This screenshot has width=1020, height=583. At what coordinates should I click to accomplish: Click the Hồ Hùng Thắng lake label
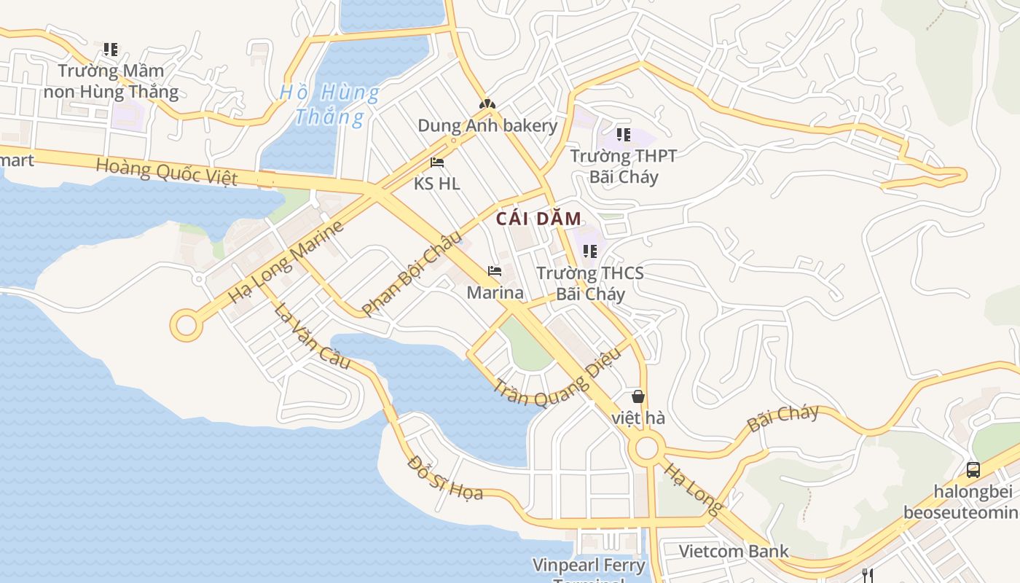pyautogui.click(x=330, y=104)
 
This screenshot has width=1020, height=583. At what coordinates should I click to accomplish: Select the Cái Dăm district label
pyautogui.click(x=539, y=219)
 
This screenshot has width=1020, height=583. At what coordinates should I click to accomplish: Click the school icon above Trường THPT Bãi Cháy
pyautogui.click(x=623, y=135)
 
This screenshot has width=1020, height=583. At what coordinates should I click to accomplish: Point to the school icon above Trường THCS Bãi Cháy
pyautogui.click(x=590, y=251)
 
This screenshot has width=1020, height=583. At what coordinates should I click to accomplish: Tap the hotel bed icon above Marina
pyautogui.click(x=495, y=272)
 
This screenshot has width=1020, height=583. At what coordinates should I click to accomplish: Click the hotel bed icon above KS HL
pyautogui.click(x=437, y=162)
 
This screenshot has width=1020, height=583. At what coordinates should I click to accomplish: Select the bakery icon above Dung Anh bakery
pyautogui.click(x=487, y=104)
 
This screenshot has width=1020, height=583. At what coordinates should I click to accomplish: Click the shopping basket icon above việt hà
pyautogui.click(x=638, y=396)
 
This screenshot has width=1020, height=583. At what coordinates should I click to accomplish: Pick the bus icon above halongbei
pyautogui.click(x=973, y=469)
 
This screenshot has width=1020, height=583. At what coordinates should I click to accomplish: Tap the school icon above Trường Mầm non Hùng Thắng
pyautogui.click(x=111, y=50)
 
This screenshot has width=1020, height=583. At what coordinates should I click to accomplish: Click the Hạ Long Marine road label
pyautogui.click(x=285, y=263)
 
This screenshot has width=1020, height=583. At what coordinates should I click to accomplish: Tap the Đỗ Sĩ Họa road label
pyautogui.click(x=445, y=478)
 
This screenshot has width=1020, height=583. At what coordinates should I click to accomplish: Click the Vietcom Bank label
pyautogui.click(x=734, y=551)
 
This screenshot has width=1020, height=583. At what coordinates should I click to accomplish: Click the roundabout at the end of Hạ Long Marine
pyautogui.click(x=187, y=325)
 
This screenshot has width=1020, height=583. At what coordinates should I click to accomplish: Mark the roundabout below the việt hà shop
pyautogui.click(x=646, y=448)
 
